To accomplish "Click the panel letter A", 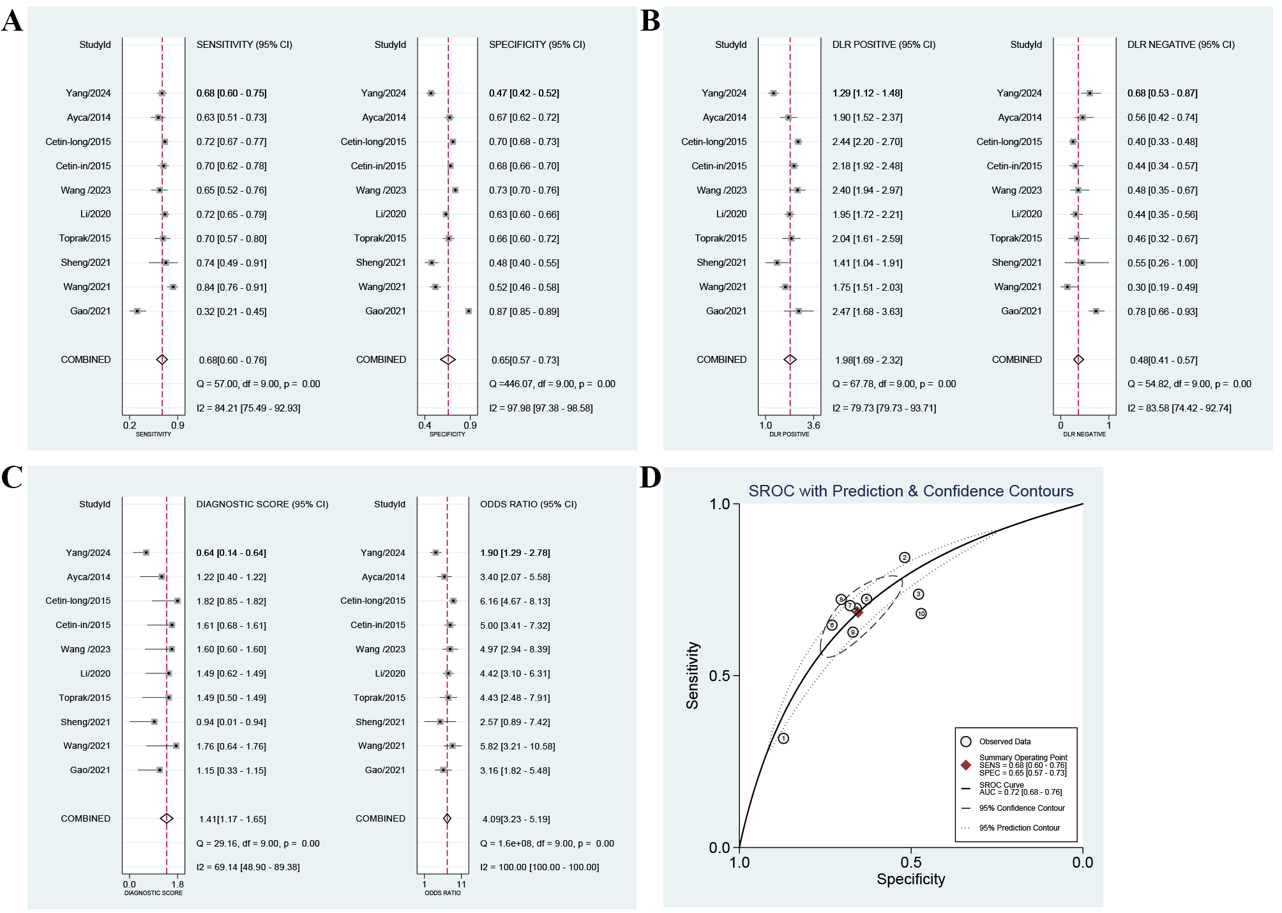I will coord(12,21).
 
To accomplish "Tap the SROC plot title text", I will coord(910,491).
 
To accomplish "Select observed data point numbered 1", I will coord(783,739).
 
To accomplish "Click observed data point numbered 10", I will coord(921,614).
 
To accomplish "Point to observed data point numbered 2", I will coord(904,558).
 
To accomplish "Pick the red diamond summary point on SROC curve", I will coord(858,613).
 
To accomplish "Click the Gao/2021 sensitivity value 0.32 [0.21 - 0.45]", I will coord(231,312).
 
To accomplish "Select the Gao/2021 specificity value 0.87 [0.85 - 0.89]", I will coord(524,312).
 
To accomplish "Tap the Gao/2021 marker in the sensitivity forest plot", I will coord(137,311).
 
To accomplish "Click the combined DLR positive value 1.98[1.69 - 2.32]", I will coord(868,360).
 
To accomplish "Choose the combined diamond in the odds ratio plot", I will coord(447,818).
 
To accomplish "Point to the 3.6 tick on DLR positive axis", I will coord(813,426).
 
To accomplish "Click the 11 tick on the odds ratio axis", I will coord(461,885).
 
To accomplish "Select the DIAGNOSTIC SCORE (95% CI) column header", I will coord(262,504).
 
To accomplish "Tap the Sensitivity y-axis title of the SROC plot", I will coord(693,675).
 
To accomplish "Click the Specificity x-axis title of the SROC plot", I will coord(910,879).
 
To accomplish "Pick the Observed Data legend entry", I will coord(1004,742).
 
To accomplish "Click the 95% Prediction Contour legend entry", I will coord(1019,828).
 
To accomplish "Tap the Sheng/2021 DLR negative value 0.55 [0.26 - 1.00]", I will coord(1162,263).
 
